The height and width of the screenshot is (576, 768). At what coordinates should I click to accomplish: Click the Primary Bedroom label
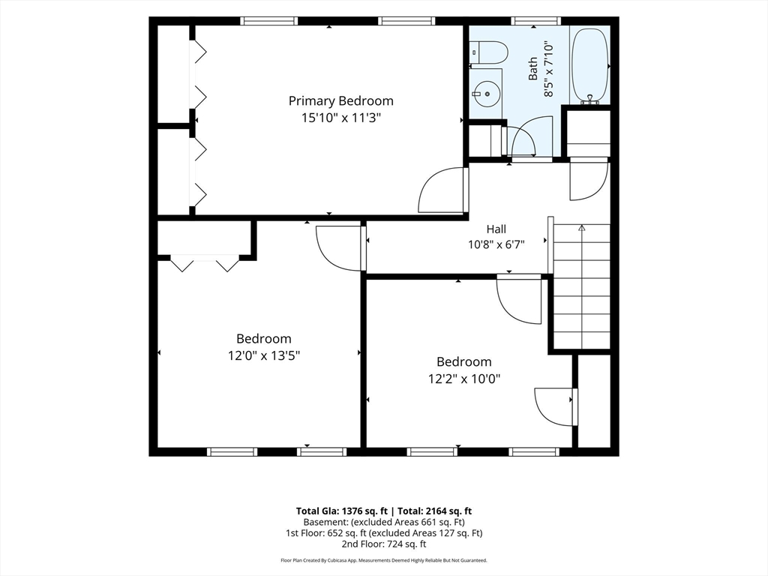pyautogui.click(x=341, y=101)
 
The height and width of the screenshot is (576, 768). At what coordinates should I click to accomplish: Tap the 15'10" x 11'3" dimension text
pyautogui.click(x=341, y=118)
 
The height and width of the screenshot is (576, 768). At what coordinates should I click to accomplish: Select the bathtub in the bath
pyautogui.click(x=590, y=66)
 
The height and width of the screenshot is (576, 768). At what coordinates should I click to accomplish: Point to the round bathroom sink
pyautogui.click(x=485, y=93)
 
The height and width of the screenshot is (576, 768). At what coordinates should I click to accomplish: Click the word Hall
pyautogui.click(x=496, y=229)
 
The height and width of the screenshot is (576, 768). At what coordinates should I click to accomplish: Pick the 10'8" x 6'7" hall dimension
pyautogui.click(x=496, y=244)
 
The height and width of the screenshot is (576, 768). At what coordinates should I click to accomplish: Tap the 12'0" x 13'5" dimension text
pyautogui.click(x=263, y=355)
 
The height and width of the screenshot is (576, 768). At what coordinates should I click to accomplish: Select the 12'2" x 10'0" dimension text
pyautogui.click(x=463, y=379)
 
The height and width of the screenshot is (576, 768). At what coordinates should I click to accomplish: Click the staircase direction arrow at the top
pyautogui.click(x=582, y=228)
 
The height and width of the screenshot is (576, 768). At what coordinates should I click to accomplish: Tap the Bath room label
pyautogui.click(x=532, y=68)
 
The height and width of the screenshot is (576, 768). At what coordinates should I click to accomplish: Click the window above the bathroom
pyautogui.click(x=535, y=20)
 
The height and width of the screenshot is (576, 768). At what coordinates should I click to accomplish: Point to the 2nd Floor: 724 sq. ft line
pyautogui.click(x=384, y=544)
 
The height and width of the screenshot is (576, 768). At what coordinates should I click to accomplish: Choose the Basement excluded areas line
pyautogui.click(x=384, y=522)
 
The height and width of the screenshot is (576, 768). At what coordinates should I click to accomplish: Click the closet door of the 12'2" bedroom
pyautogui.click(x=556, y=406)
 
